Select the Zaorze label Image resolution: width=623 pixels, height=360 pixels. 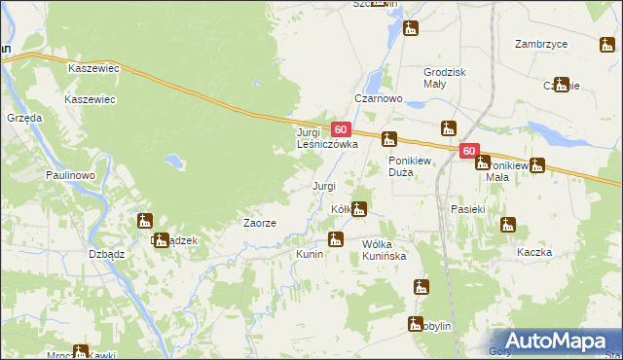tap(260, 223)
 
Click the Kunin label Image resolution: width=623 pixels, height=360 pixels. tap(310, 254)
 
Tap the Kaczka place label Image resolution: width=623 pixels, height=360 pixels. tap(535, 252)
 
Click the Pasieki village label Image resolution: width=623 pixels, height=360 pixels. tap(468, 209)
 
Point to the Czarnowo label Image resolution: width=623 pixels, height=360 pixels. tap(379, 99)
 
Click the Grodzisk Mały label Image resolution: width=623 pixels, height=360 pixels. tap(446, 78)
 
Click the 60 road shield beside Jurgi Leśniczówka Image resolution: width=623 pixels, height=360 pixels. tap(340, 128)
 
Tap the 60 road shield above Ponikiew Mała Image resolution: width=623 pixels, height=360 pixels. tap(470, 151)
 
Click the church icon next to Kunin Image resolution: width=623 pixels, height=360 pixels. tap(336, 239)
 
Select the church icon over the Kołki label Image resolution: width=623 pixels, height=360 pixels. tap(359, 208)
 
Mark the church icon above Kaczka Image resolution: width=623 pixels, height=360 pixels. tap(507, 226)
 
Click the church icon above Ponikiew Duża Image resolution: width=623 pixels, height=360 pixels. tap(389, 139)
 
